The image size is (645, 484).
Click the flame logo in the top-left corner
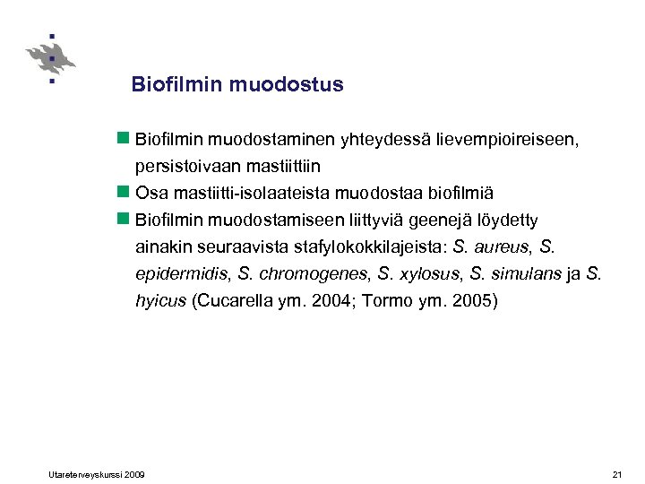coord(50,58)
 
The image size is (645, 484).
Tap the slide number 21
coord(616,473)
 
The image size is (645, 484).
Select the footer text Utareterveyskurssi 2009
coord(93,473)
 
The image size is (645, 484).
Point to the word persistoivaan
coord(181,166)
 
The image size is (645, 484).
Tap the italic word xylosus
coord(426,273)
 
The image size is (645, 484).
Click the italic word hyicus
coord(161,300)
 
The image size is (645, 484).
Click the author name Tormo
coord(383,300)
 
